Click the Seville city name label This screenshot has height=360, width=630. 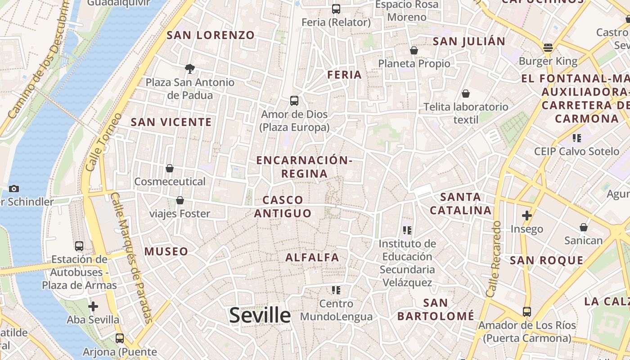[x=260, y=315]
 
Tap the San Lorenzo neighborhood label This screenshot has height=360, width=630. [x=211, y=35]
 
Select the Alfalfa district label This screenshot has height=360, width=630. [x=312, y=257]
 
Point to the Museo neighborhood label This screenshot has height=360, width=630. [x=166, y=252]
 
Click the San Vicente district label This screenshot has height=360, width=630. [x=171, y=122]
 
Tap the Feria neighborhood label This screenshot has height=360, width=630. [x=345, y=75]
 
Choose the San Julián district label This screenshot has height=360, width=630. [x=469, y=41]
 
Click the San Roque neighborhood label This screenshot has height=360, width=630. [x=546, y=260]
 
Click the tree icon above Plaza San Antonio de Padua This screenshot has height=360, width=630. [x=190, y=69]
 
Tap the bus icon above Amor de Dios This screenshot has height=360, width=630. [x=294, y=101]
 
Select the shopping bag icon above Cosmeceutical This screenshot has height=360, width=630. [x=170, y=168]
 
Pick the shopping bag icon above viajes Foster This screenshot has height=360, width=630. [x=180, y=200]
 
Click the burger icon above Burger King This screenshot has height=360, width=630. [x=548, y=47]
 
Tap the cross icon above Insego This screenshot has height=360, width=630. [x=526, y=216]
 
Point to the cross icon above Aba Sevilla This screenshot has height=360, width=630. [x=93, y=306]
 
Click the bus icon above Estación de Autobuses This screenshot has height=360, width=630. [x=79, y=246]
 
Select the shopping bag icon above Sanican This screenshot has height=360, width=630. [x=584, y=227]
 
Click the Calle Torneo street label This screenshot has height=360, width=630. [x=104, y=142]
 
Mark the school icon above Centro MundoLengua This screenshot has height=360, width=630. [x=336, y=290]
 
